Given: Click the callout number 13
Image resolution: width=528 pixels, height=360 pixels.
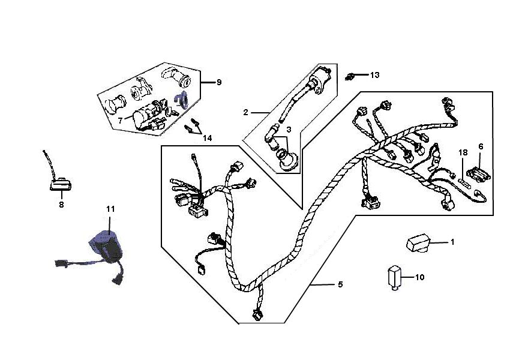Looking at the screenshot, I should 374,75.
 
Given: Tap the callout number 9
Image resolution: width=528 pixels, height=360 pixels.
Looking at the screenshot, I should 219,82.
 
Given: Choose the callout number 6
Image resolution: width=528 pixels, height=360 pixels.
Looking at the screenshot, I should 481,146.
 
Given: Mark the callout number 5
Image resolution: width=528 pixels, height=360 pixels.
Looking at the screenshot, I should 340,284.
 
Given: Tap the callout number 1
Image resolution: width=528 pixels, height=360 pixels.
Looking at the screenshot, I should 452,242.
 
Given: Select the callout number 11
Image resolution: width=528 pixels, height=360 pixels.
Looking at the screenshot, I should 110,209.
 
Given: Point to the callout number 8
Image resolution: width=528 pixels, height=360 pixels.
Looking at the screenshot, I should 61,204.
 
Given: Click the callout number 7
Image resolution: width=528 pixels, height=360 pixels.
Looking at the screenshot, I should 120,120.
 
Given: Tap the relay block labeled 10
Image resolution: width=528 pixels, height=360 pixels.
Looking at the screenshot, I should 395,278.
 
